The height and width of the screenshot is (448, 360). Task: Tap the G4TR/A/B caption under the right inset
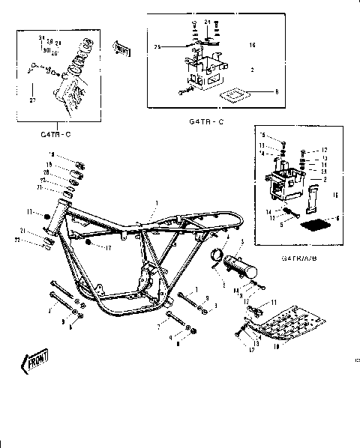click(x=297, y=256)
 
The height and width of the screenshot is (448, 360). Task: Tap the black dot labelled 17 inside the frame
click(x=88, y=243)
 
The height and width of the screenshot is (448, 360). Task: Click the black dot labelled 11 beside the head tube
click(x=48, y=217)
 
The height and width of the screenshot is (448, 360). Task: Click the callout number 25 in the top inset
click(x=159, y=47)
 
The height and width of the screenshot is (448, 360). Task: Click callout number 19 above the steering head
click(x=52, y=156)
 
